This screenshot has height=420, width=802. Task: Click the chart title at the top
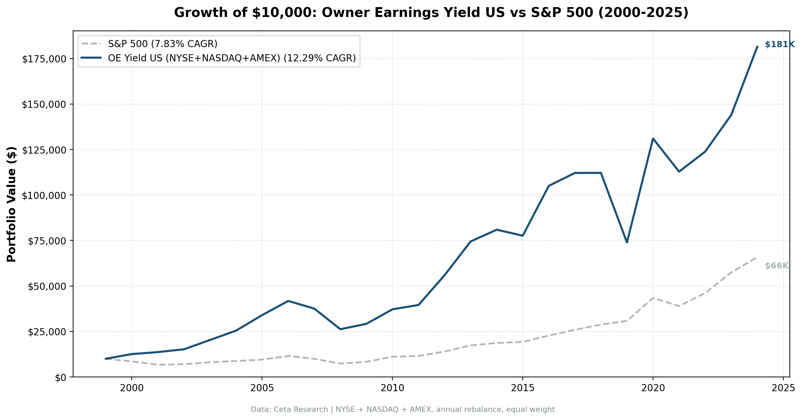click(x=431, y=13)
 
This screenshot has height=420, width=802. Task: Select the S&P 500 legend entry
click(x=162, y=44)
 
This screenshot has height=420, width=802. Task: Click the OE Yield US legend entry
click(x=232, y=58)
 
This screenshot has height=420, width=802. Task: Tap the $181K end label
click(x=780, y=44)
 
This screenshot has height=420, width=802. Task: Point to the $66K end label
click(x=777, y=266)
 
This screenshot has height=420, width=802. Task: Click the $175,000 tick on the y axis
click(x=43, y=59)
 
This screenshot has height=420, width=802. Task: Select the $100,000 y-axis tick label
click(x=43, y=196)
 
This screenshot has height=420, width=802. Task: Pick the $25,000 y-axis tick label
click(x=46, y=332)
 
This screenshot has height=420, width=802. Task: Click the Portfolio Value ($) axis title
click(x=12, y=204)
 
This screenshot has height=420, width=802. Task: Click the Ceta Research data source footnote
click(x=403, y=409)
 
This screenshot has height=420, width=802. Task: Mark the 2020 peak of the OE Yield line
click(x=653, y=139)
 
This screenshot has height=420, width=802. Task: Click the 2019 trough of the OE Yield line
click(x=627, y=242)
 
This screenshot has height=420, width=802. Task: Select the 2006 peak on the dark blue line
click(x=288, y=301)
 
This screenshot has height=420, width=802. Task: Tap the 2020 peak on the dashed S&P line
click(x=653, y=298)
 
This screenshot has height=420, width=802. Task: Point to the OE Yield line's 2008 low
click(x=340, y=329)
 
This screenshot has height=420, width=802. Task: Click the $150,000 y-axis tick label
click(x=43, y=105)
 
